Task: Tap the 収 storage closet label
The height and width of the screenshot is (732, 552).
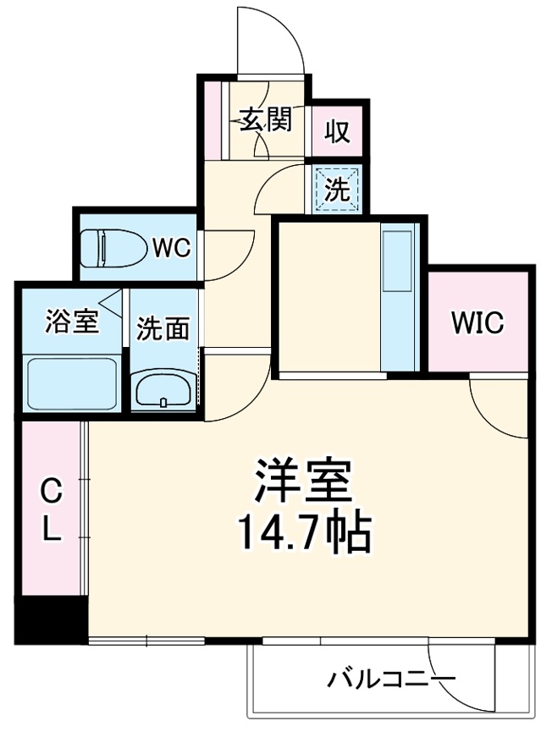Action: pyautogui.click(x=337, y=132)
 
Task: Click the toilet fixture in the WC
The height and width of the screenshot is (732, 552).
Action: pyautogui.click(x=110, y=250)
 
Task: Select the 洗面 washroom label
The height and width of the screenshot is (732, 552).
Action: pyautogui.click(x=163, y=327)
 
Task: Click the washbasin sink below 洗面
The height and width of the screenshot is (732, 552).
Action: pyautogui.click(x=163, y=392)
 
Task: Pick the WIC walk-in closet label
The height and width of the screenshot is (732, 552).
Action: pyautogui.click(x=477, y=322)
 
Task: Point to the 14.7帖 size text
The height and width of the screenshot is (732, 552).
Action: pyautogui.click(x=302, y=531)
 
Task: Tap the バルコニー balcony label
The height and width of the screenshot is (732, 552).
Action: pyautogui.click(x=393, y=680)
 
